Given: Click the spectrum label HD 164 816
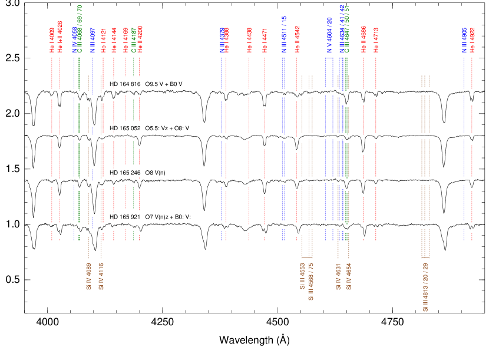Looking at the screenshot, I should click(125, 84).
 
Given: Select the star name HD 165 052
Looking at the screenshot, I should click(125, 128).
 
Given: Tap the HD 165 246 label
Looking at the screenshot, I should click(125, 173).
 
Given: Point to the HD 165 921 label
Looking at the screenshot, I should click(125, 217).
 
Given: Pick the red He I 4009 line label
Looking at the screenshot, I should click(52, 40).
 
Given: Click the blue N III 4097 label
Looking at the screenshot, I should click(92, 40).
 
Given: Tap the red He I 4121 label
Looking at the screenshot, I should click(103, 40).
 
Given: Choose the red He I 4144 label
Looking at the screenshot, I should click(114, 40).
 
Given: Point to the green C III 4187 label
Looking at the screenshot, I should click(134, 40).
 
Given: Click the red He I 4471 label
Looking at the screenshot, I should click(265, 40).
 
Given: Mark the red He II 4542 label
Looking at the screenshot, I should click(297, 39).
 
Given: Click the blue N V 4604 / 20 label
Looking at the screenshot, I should click(329, 35).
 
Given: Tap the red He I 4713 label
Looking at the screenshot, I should click(376, 40).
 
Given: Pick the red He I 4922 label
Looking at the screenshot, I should click(473, 40).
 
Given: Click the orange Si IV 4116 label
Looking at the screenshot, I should click(101, 276).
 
